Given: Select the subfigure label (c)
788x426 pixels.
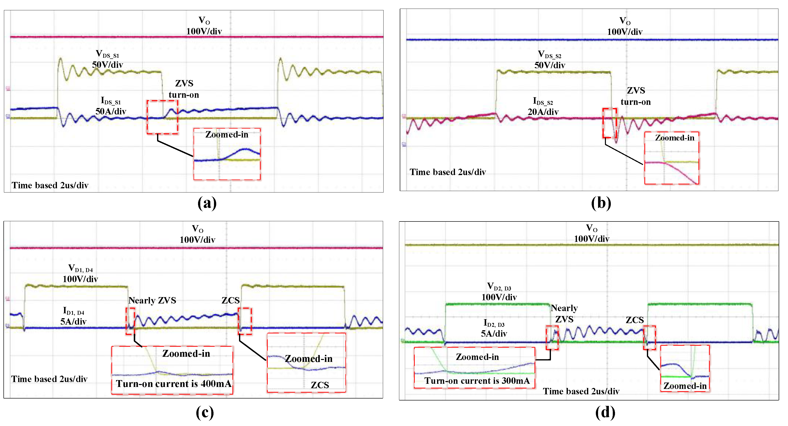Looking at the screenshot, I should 205,412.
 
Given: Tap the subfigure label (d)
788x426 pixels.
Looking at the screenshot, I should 605,412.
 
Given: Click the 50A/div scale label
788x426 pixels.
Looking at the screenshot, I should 111,111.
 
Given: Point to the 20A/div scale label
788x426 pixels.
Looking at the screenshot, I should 543,112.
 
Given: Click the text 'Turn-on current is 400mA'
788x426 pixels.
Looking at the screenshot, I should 174,384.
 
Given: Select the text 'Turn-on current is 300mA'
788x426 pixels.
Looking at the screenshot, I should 477,381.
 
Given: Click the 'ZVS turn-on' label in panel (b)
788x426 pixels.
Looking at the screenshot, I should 636,96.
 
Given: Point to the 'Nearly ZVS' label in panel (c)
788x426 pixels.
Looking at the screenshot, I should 152,301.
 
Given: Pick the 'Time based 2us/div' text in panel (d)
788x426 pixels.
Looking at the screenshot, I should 581,391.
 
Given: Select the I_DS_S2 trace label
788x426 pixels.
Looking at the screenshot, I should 543,101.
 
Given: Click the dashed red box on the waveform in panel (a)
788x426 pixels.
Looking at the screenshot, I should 162,117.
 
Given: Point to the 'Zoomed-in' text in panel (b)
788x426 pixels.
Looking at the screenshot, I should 675,138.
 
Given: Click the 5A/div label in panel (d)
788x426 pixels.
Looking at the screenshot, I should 494,334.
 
